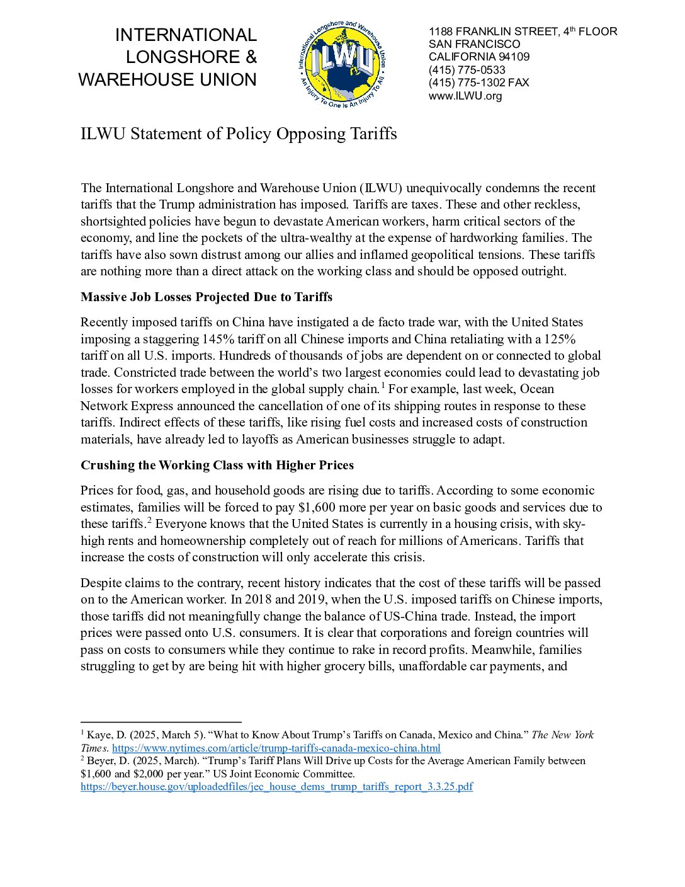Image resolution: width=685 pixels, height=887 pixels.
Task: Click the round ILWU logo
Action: tap(341, 64)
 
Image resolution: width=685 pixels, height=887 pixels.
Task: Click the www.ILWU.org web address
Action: tap(465, 96)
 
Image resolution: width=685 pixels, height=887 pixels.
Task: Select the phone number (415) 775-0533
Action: tap(467, 70)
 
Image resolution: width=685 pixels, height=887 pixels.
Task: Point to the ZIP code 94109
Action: tap(514, 57)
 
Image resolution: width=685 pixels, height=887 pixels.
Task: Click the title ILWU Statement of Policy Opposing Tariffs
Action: tap(239, 134)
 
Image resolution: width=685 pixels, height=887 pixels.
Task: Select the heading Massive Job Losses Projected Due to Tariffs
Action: tap(207, 297)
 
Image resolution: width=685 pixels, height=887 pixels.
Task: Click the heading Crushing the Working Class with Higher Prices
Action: tap(217, 465)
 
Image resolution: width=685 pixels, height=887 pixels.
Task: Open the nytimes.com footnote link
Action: tap(276, 748)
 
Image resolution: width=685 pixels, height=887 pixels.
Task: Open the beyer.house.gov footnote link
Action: tap(276, 787)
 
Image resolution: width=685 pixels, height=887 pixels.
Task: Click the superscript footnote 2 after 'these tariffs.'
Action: tap(149, 520)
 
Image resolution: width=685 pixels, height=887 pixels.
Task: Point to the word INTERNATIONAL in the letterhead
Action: tap(186, 35)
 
